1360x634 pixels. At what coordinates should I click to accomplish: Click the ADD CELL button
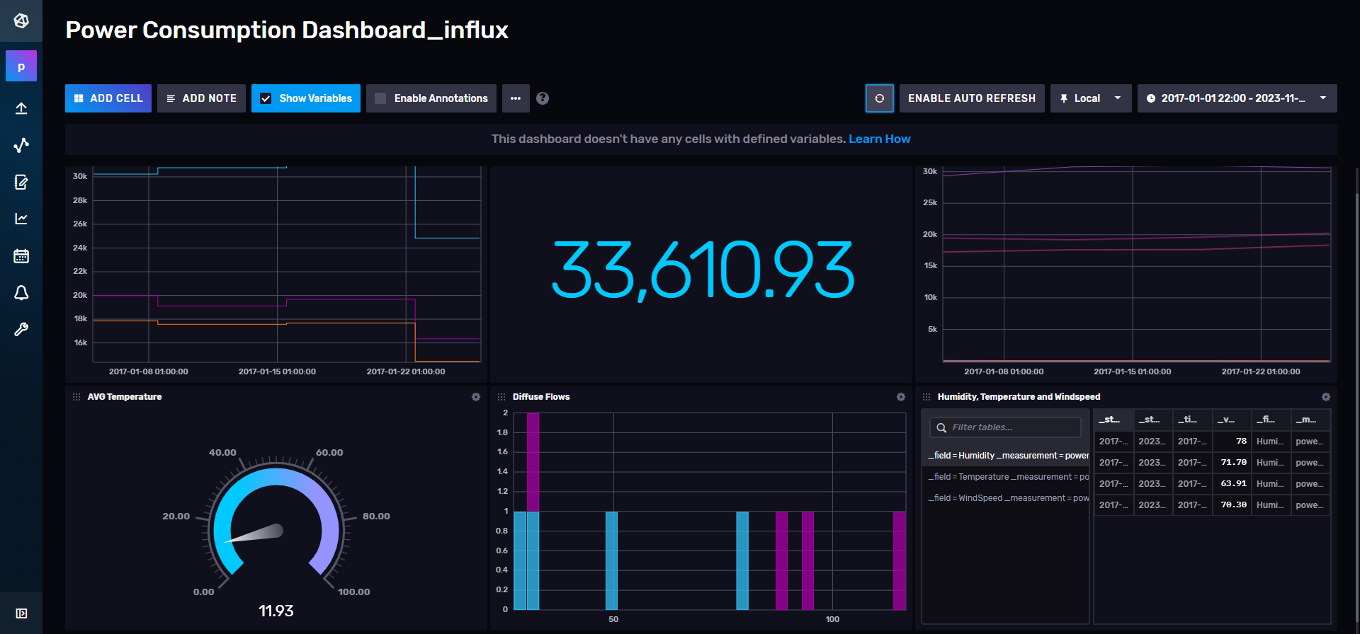(x=108, y=98)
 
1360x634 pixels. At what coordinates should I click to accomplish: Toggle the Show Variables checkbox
(x=266, y=98)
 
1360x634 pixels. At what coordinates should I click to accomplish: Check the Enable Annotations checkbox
(x=381, y=98)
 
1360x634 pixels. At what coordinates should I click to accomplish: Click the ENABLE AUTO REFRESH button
(x=971, y=98)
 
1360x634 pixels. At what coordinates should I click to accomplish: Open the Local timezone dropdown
(x=1090, y=98)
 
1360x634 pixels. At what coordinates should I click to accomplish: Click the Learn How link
(x=879, y=139)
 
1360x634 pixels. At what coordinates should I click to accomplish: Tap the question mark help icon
(x=543, y=98)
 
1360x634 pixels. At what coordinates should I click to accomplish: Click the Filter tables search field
(x=1006, y=427)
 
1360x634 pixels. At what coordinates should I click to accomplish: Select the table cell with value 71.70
(x=1232, y=463)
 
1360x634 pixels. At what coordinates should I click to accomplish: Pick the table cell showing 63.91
(x=1232, y=484)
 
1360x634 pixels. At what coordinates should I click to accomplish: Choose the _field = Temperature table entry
(x=1008, y=477)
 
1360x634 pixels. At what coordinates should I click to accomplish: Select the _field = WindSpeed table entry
(x=1008, y=498)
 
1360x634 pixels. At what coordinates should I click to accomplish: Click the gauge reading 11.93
(x=276, y=611)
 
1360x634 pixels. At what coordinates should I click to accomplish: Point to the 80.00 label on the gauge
(x=376, y=517)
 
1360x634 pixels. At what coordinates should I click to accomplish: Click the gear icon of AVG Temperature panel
(x=476, y=397)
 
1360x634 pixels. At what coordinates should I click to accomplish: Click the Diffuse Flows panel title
(x=541, y=397)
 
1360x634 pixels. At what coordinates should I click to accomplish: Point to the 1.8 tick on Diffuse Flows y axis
(x=502, y=432)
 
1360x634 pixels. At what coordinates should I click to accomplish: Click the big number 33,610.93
(x=703, y=270)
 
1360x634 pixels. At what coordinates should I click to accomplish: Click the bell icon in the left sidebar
(x=21, y=293)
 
